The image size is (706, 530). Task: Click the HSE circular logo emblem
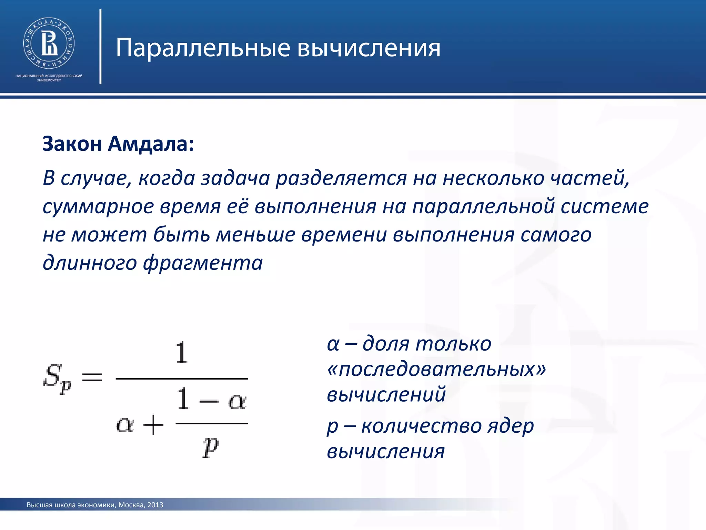click(x=49, y=43)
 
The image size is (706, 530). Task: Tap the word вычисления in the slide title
click(x=369, y=48)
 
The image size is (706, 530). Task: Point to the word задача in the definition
click(x=235, y=178)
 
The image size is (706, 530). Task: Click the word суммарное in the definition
click(x=98, y=207)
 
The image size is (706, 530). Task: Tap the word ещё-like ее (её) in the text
click(x=238, y=207)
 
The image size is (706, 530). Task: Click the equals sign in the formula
click(x=92, y=377)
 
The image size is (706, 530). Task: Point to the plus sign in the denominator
click(x=153, y=425)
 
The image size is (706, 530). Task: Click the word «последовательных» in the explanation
click(x=436, y=369)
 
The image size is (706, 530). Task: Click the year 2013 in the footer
click(x=155, y=505)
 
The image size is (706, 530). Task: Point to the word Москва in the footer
click(x=131, y=505)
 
